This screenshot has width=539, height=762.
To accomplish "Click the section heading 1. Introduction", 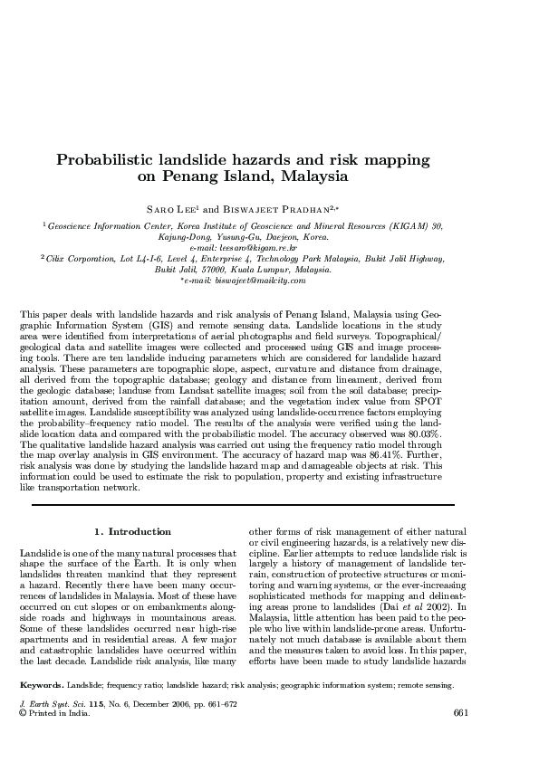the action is pos(132,531).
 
